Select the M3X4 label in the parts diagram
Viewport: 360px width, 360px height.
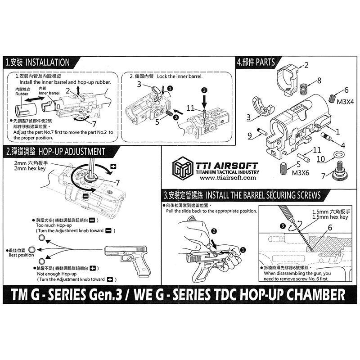(x=345, y=102)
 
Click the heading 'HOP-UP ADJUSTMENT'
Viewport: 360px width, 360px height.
(x=72, y=151)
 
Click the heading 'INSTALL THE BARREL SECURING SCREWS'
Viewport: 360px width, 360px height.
(x=263, y=196)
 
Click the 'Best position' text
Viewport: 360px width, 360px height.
(x=22, y=255)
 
